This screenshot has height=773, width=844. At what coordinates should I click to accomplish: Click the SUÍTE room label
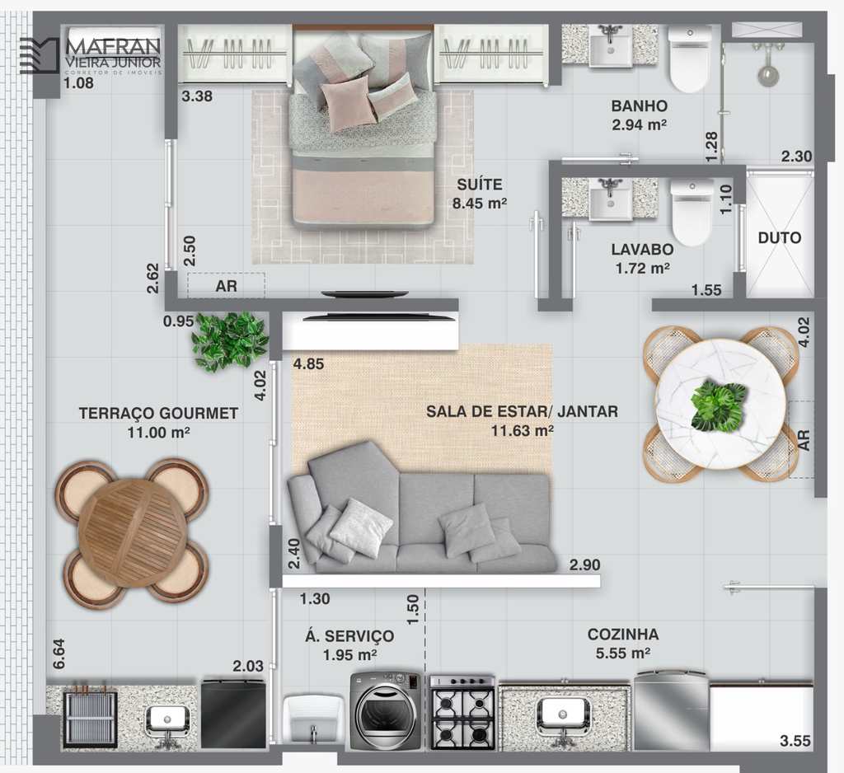tap(480, 185)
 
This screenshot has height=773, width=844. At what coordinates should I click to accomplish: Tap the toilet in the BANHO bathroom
tap(690, 59)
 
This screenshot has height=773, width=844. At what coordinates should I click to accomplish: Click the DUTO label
tap(780, 237)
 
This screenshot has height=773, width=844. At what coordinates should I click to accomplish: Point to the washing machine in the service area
tap(386, 710)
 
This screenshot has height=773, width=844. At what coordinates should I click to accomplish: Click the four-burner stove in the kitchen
tap(462, 713)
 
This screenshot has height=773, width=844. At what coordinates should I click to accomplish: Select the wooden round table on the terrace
tap(133, 532)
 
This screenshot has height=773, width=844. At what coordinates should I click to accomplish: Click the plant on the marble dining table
tap(719, 405)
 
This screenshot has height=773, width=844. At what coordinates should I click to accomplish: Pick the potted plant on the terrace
tap(231, 341)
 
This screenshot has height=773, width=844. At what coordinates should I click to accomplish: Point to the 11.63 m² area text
tap(522, 431)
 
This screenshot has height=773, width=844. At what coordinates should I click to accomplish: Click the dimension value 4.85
tap(308, 364)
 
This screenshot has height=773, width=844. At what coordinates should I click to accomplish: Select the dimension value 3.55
tap(795, 741)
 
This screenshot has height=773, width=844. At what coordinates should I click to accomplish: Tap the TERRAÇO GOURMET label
tap(158, 413)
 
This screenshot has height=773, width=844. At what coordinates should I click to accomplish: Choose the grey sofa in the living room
tap(420, 508)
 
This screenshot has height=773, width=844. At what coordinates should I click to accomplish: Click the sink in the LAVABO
tap(611, 199)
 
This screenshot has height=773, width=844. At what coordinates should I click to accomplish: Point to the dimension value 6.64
tap(59, 654)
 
